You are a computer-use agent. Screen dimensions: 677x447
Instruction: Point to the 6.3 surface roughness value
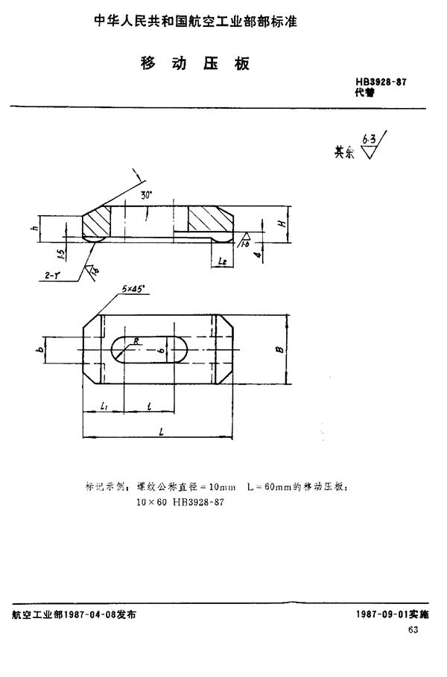point(368,139)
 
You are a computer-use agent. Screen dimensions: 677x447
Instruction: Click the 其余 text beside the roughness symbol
point(345,151)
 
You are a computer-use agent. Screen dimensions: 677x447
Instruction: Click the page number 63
point(413,630)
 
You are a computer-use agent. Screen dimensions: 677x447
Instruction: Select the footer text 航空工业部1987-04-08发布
point(74,614)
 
